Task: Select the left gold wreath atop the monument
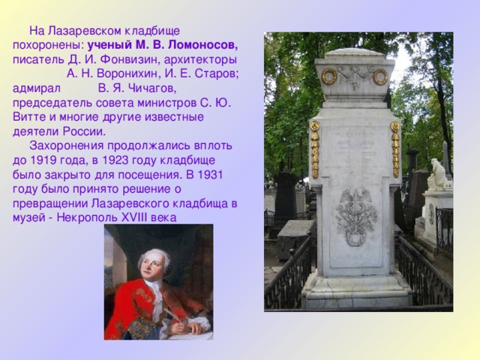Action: click(328, 76)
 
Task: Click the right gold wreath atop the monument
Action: click(380, 76)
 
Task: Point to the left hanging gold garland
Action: click(315, 148)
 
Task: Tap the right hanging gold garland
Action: click(395, 148)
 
